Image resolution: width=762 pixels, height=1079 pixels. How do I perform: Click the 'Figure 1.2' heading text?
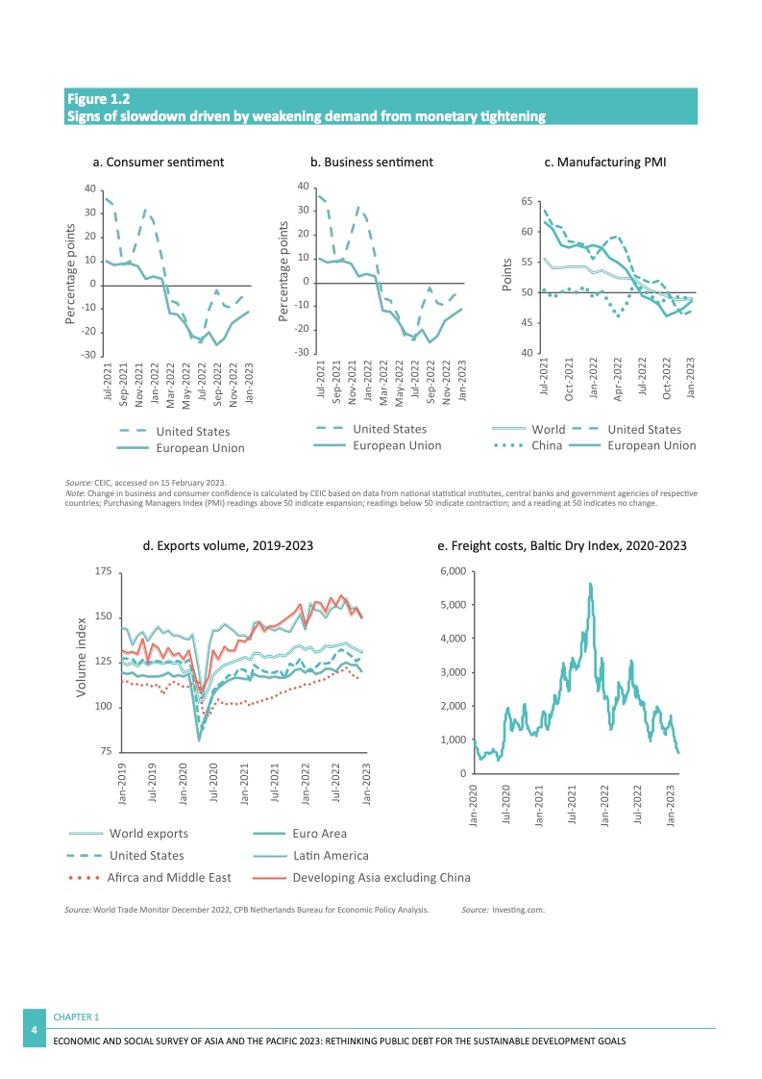98,99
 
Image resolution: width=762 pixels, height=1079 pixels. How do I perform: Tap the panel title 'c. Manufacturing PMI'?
605,163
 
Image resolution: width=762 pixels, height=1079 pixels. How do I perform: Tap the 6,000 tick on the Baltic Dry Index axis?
452,572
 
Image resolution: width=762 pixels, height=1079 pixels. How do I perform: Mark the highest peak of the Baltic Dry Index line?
590,584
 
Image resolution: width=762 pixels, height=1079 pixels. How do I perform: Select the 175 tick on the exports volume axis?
102,572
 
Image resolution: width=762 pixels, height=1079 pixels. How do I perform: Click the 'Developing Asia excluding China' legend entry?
381,877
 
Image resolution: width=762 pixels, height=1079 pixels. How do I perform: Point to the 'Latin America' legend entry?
330,855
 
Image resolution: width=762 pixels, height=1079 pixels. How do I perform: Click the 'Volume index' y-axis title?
83,658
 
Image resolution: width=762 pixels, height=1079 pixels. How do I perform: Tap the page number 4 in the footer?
35,1031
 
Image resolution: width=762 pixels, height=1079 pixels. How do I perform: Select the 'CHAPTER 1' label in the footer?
76,1016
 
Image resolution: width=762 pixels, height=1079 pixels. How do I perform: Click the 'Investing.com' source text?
518,908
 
